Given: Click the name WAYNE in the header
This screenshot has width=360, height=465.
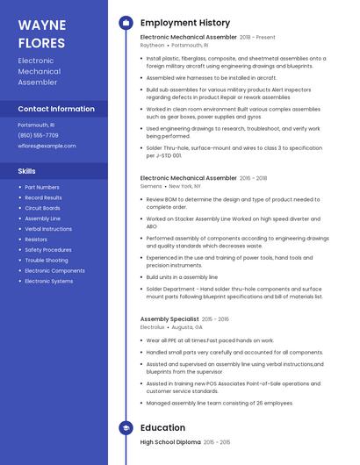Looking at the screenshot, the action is click(42, 25).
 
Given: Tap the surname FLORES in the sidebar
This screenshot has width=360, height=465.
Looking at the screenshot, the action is click(41, 43).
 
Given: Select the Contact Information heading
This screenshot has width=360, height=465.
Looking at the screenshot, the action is click(56, 109).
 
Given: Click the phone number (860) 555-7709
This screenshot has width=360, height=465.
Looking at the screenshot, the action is click(38, 135).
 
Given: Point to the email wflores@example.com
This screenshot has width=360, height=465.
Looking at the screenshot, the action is click(47, 146).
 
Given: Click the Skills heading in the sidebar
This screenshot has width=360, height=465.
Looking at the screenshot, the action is click(27, 171).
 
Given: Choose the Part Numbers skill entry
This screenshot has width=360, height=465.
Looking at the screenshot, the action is click(42, 187).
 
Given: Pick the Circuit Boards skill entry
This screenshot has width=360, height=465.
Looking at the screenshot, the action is click(43, 208).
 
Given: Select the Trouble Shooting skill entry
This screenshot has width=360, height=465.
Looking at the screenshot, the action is click(47, 261).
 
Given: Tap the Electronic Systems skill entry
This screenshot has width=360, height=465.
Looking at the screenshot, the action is click(49, 282).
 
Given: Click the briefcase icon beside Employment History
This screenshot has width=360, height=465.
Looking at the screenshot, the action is click(126, 22).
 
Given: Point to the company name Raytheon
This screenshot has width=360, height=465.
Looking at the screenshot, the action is click(152, 45).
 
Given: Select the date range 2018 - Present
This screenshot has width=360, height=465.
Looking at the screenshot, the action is click(257, 38).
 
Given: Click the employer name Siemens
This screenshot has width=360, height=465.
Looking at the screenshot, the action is click(152, 186).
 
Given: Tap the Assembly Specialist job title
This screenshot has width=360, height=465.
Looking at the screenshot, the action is click(169, 319).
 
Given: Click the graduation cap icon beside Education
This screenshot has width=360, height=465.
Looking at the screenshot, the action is click(126, 428).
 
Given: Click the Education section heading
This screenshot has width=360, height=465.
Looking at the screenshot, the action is click(162, 428).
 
